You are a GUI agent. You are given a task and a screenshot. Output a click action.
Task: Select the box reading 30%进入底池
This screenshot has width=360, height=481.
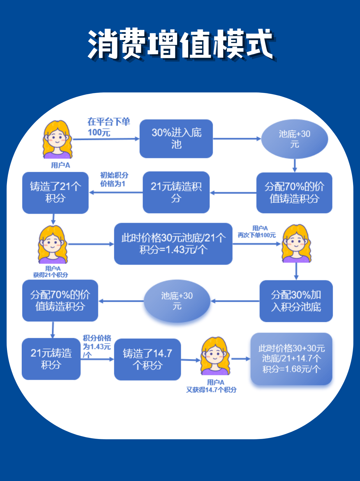tap(176, 139)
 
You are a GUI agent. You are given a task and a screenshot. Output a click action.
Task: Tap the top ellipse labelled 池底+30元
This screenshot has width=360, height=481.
tap(294, 139)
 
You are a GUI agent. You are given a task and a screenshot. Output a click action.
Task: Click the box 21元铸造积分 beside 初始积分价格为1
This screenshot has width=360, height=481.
tap(176, 192)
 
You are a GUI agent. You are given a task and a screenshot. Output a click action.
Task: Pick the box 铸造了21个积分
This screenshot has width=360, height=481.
tap(55, 193)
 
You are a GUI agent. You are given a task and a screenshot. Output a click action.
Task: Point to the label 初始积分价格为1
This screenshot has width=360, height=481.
tap(114, 179)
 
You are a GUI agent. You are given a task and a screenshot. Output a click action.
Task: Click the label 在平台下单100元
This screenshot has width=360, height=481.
tap(108, 127)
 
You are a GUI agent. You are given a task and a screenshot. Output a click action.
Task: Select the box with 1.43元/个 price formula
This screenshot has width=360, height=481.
tap(173, 244)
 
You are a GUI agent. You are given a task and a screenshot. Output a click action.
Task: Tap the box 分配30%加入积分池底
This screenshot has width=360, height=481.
tap(296, 301)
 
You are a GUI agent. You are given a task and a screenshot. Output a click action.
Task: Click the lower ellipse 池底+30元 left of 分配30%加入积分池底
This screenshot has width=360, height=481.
tap(177, 301)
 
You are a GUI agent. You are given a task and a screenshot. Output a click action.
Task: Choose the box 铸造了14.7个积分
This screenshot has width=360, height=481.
tap(147, 359)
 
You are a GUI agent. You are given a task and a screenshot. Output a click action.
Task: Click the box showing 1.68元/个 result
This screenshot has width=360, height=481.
tap(291, 359)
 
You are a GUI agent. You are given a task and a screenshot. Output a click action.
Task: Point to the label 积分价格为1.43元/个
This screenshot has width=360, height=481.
tap(97, 346)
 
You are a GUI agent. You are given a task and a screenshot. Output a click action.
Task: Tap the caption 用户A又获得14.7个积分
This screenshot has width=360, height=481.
tap(211, 386)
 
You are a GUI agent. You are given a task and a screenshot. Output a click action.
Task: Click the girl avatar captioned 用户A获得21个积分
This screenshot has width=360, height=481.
tap(52, 245)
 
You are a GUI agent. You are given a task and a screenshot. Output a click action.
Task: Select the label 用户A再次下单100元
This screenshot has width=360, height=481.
tap(257, 232)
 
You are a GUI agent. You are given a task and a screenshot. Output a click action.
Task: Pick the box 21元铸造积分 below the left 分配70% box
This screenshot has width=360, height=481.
tap(51, 359)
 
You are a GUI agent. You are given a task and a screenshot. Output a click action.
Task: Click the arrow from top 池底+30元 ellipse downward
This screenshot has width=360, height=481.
tap(295, 165)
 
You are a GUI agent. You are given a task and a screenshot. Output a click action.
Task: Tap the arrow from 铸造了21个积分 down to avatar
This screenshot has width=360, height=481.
tap(53, 219)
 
